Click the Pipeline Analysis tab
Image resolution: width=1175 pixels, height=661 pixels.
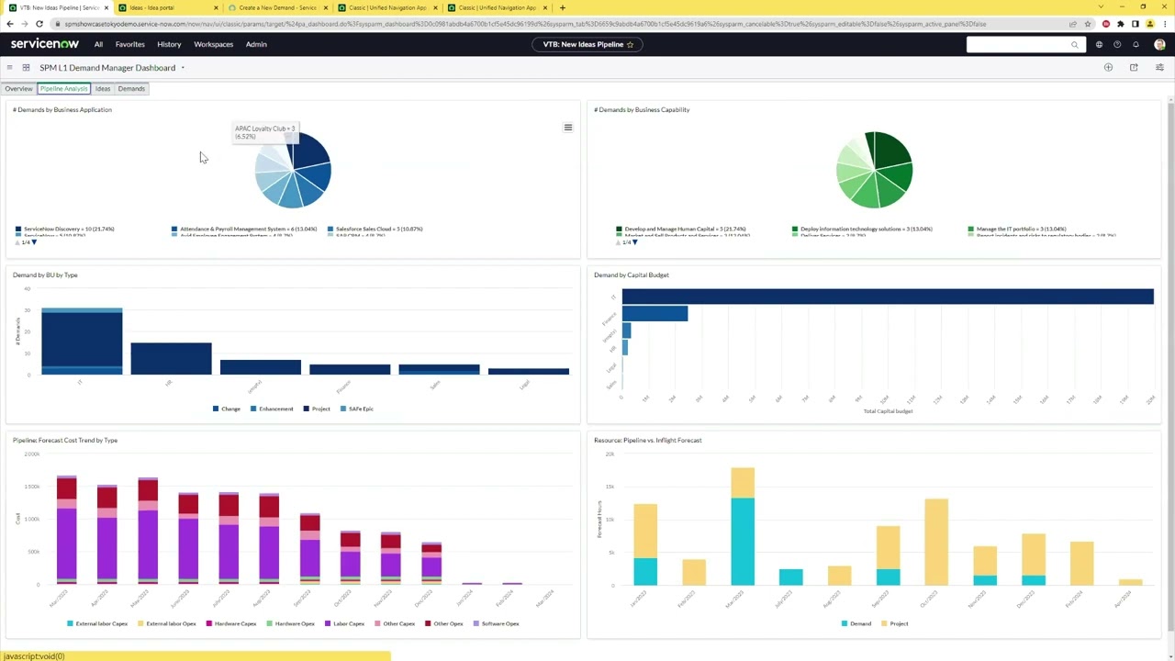tap(63, 89)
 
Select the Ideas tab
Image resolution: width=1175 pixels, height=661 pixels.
tap(103, 89)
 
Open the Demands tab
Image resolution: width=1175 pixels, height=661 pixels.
tap(131, 89)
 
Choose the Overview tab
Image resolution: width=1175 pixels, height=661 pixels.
tap(18, 89)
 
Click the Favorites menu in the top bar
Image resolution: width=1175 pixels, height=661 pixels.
tap(129, 44)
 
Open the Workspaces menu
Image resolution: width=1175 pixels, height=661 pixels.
tap(213, 44)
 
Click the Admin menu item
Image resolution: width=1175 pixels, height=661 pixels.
tap(256, 44)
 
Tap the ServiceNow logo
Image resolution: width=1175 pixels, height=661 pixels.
tap(45, 44)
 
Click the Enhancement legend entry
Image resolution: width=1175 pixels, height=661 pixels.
tap(275, 409)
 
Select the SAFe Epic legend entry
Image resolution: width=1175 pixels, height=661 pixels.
tap(361, 409)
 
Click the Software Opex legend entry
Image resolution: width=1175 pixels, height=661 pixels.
tap(499, 623)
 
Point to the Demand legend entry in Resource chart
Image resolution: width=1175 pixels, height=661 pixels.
tap(860, 623)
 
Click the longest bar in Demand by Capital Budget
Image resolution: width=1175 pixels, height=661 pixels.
tap(887, 297)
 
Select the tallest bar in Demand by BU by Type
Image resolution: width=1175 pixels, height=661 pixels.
tap(82, 340)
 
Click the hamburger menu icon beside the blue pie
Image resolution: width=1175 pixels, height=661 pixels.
tap(568, 128)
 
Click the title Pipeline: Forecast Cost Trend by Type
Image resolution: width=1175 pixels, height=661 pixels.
tap(65, 440)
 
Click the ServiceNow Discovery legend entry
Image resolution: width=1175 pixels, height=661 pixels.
tap(68, 229)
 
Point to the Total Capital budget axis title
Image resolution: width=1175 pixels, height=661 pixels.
tap(888, 411)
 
